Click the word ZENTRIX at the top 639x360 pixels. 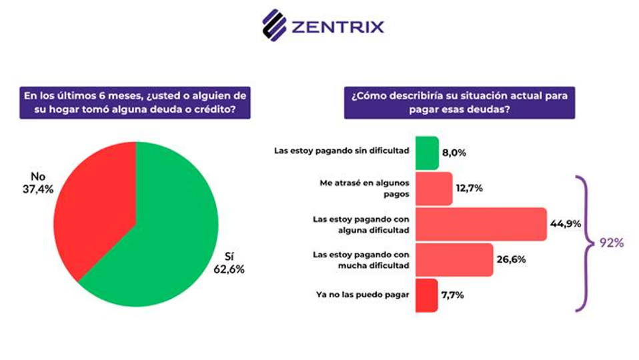click(x=338, y=27)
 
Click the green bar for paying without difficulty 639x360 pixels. click(x=427, y=152)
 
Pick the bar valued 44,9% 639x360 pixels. click(x=480, y=223)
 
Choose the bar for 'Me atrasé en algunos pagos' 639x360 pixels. click(x=434, y=188)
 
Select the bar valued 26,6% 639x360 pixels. click(x=454, y=259)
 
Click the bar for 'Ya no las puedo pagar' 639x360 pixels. click(x=426, y=295)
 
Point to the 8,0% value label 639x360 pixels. click(x=454, y=152)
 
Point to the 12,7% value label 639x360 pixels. click(x=469, y=188)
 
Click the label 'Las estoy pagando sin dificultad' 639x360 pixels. click(x=341, y=151)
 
